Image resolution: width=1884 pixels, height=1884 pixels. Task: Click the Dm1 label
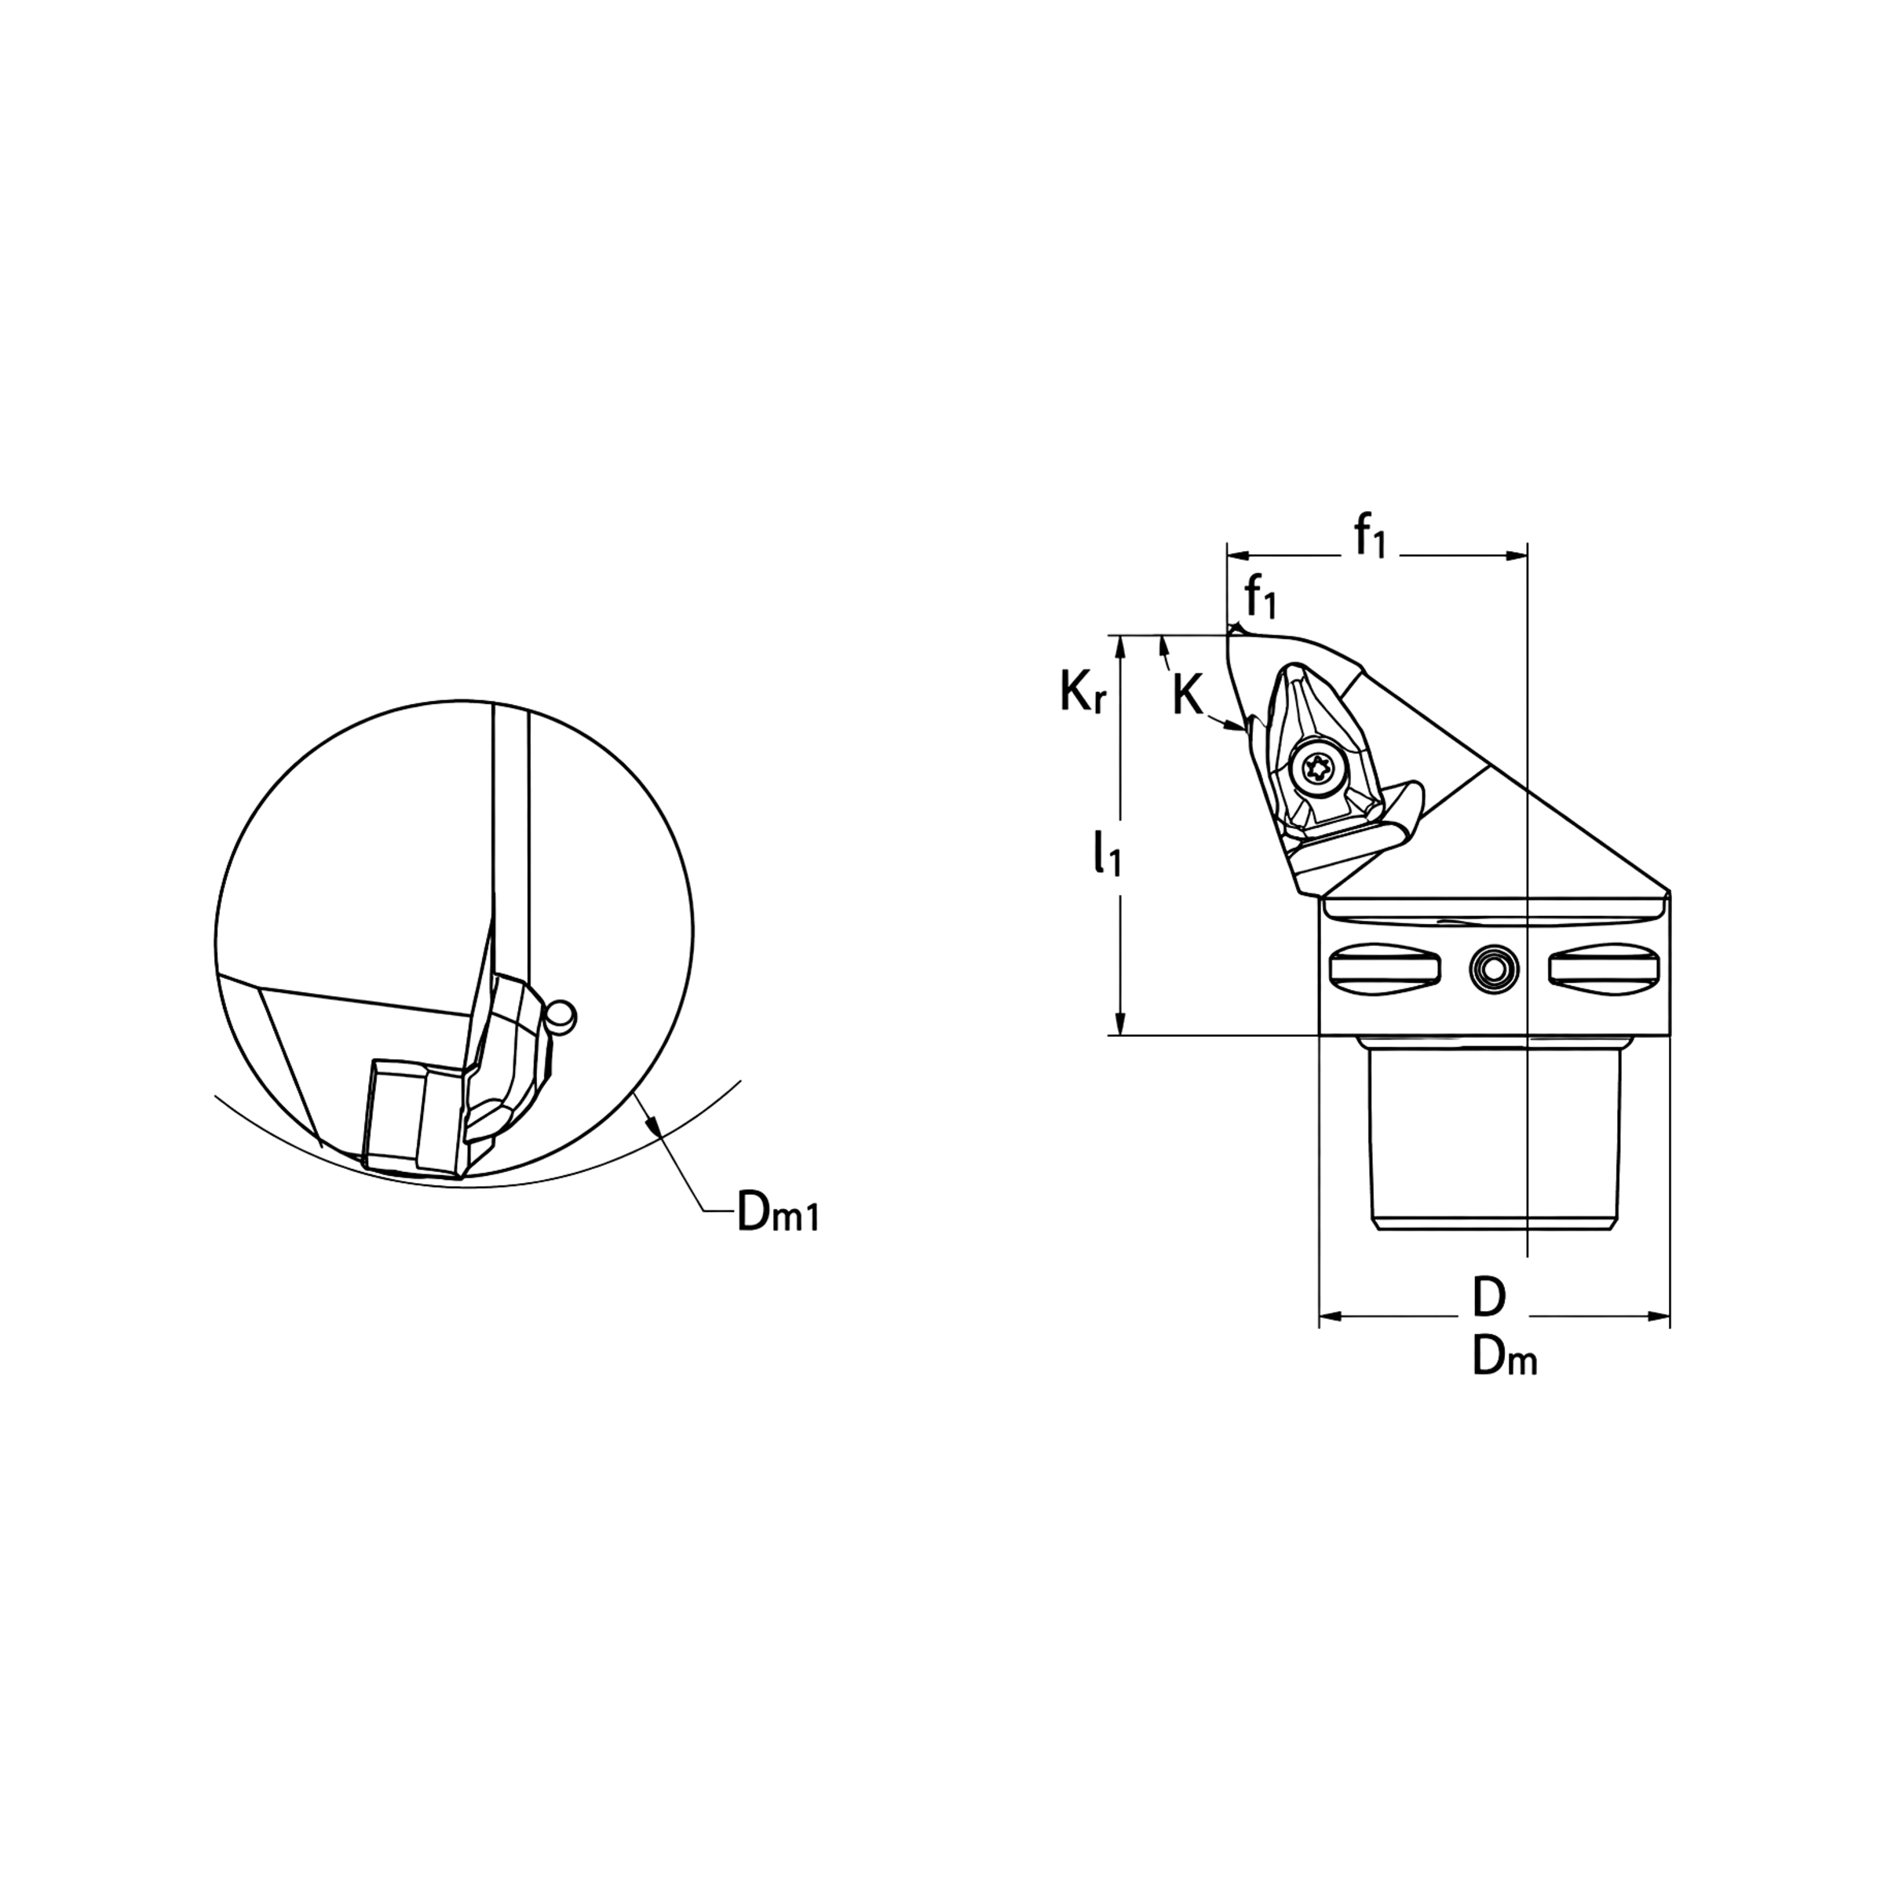pos(777,1212)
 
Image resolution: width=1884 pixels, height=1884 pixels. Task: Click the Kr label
pos(1083,691)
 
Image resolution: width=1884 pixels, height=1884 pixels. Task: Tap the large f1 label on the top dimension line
pos(1369,536)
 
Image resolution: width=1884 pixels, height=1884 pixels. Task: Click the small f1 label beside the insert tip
pos(1260,597)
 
